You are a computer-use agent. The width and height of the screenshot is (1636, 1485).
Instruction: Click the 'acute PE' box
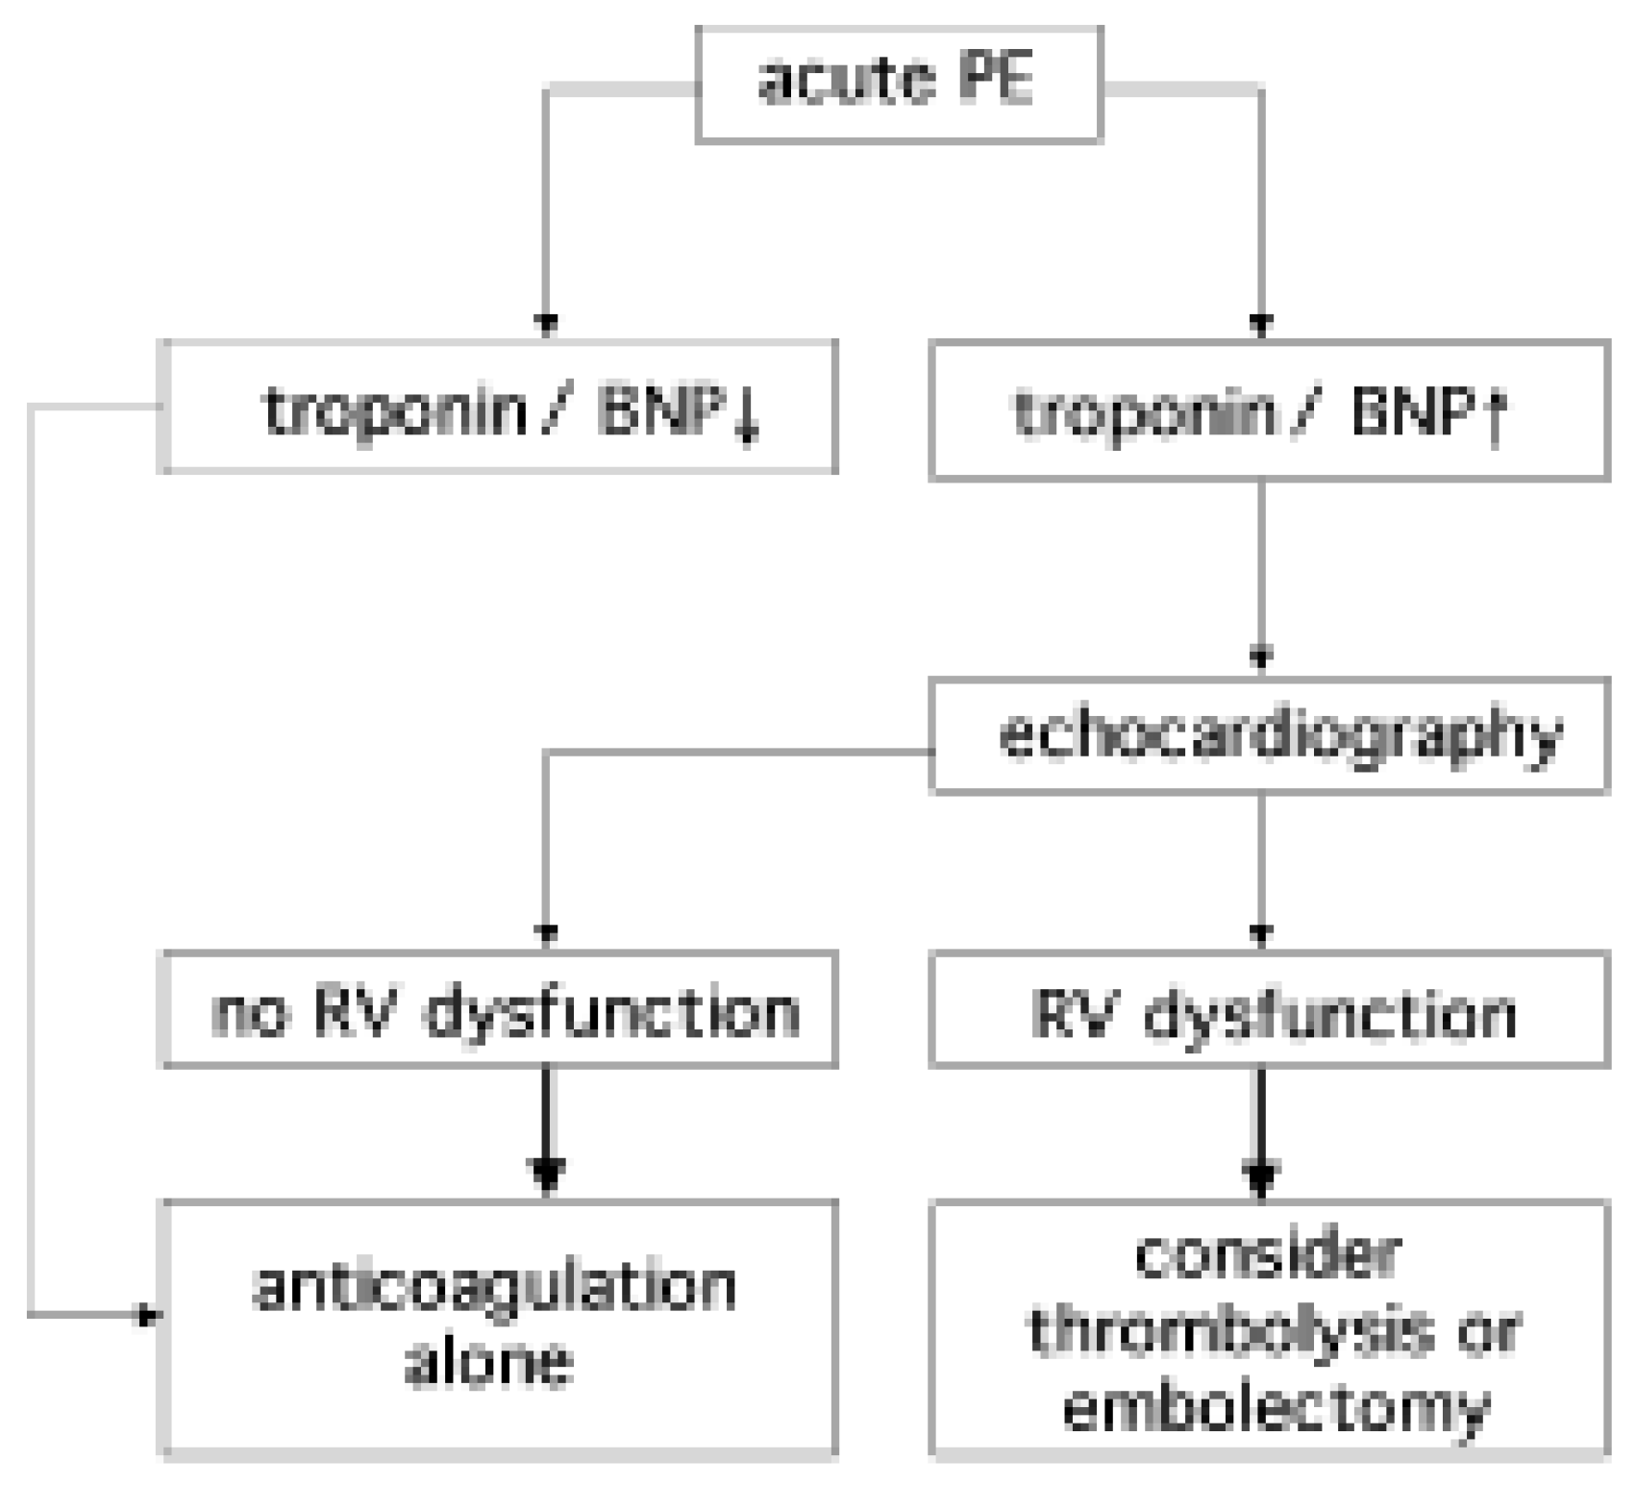click(898, 85)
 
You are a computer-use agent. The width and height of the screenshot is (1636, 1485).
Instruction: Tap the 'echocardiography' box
click(1269, 736)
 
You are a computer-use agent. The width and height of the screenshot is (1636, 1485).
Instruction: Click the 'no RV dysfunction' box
click(498, 1010)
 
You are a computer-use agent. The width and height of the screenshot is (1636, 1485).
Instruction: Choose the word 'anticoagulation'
click(494, 1287)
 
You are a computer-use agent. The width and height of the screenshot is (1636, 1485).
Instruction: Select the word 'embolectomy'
click(1276, 1408)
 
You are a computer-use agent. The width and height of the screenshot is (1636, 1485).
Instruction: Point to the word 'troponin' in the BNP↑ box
click(1145, 413)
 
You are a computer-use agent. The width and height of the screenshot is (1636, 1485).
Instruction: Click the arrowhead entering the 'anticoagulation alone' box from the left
click(146, 1314)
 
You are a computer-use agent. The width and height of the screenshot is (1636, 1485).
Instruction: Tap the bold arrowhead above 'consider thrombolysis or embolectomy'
click(1261, 1176)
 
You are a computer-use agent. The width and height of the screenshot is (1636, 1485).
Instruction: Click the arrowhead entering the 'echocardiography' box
click(1261, 659)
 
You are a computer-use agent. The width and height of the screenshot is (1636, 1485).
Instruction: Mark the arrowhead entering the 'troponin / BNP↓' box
click(546, 323)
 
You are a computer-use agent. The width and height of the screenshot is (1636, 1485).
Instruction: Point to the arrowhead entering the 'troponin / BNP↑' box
click(1261, 323)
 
